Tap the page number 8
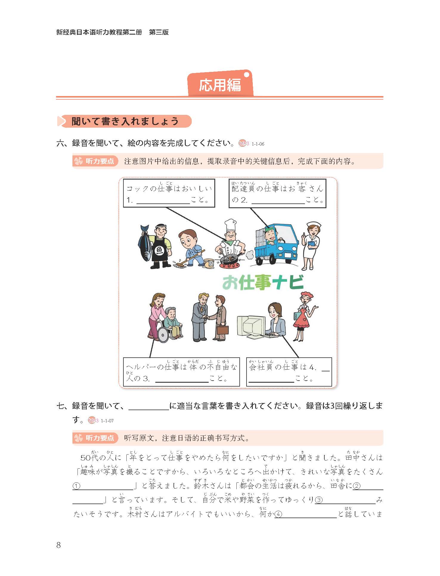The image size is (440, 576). tap(58, 545)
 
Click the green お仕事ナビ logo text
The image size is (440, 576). tap(263, 282)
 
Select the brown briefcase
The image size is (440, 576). tap(222, 330)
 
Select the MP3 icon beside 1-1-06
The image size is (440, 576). tap(244, 143)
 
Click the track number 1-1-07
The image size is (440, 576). tap(107, 421)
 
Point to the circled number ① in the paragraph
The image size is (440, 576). tap(77, 486)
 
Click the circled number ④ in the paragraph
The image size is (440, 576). tap(278, 514)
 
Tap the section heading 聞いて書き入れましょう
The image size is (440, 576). tap(125, 121)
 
